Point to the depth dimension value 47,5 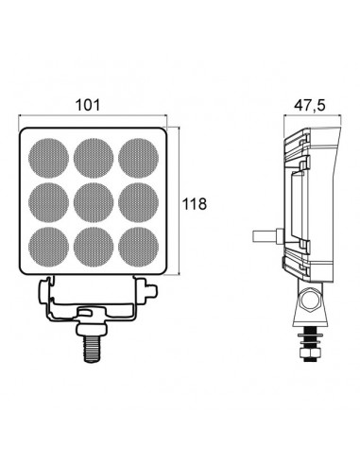[307, 106]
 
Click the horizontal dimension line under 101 [93, 120]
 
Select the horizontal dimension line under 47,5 [308, 120]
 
